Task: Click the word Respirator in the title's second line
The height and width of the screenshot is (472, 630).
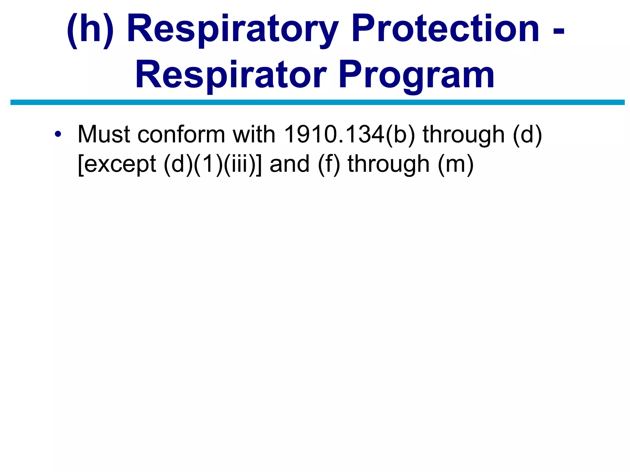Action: point(230,75)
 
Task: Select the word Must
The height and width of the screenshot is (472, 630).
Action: point(104,135)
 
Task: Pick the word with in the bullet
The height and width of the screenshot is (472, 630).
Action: point(254,135)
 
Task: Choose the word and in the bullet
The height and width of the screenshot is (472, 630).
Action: point(289,164)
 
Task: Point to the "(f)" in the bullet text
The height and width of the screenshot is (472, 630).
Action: point(329,164)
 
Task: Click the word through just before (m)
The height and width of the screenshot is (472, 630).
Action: point(389,165)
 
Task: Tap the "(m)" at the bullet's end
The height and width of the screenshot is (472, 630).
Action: point(455,164)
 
